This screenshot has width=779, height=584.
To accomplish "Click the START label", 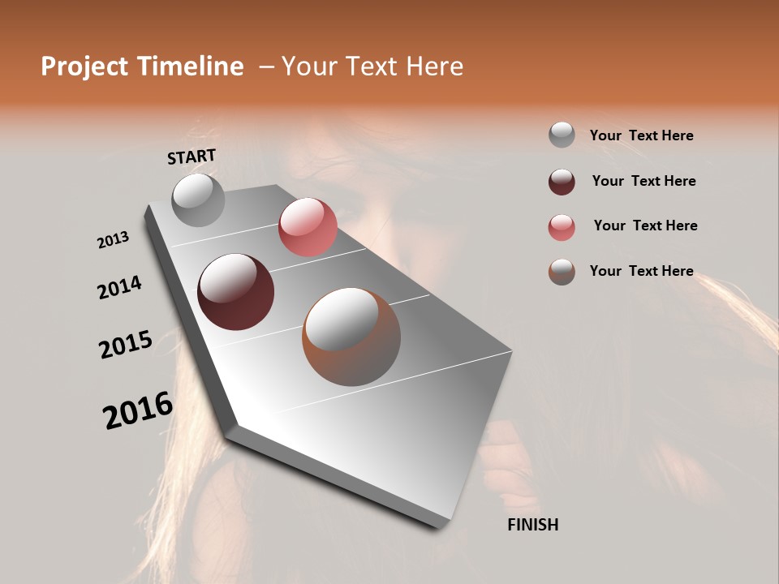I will (x=192, y=157).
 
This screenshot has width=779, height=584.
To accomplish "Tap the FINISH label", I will (x=532, y=525).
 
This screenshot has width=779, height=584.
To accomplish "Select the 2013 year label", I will (x=113, y=239).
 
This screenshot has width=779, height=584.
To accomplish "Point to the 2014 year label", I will (x=119, y=288).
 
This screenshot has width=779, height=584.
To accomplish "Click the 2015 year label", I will (x=125, y=344).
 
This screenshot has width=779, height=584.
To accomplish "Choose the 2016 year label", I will (x=138, y=410).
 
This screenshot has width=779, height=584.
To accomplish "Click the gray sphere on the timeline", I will (x=198, y=200).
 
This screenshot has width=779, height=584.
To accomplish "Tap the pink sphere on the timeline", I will (x=308, y=227).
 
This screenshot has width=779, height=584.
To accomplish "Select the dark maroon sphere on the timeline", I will (x=235, y=292).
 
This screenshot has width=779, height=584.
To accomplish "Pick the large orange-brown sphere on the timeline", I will (x=351, y=336).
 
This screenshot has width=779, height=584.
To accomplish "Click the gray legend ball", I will (x=562, y=135).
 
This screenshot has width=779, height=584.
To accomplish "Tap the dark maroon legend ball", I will (x=562, y=181).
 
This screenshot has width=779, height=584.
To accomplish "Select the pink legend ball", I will (x=562, y=226).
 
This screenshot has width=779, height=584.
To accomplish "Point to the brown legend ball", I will (x=562, y=272).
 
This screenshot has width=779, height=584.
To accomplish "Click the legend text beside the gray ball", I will (x=641, y=135).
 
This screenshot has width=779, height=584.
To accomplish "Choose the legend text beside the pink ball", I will (x=645, y=225).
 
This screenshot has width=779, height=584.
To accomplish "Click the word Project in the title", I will (x=84, y=67).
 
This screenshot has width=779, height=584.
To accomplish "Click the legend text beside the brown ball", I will (x=641, y=271).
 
